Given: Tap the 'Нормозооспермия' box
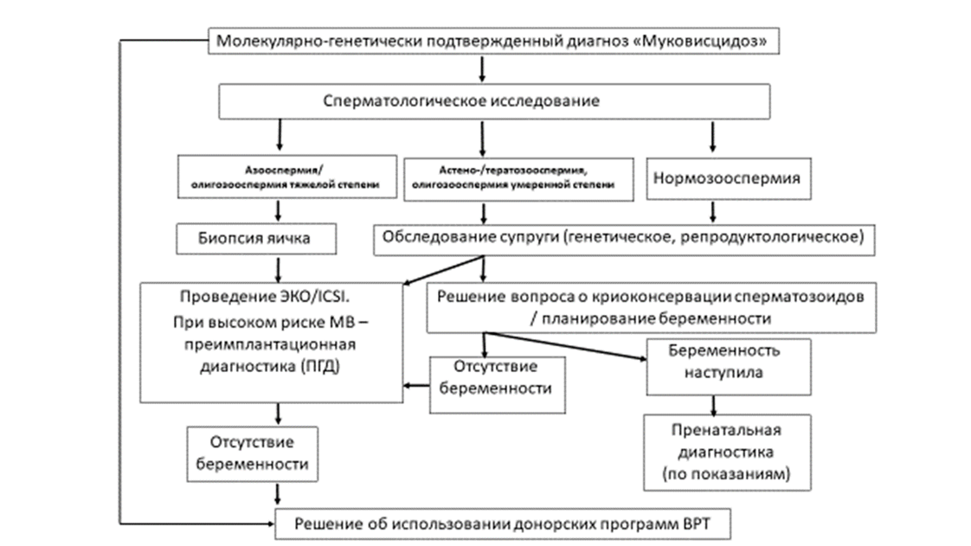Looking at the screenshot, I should (x=713, y=180).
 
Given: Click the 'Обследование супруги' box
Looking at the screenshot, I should (x=619, y=237).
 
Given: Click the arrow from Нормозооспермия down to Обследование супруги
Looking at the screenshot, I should (x=713, y=211).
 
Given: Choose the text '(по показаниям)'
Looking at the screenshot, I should (x=727, y=475).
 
